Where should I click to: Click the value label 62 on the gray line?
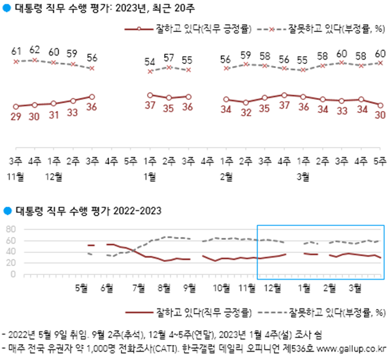tap(35, 49)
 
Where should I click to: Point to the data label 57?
tap(169, 57)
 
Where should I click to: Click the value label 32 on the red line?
tap(246, 112)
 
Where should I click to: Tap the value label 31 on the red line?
tap(54, 114)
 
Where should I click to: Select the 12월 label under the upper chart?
tap(54, 176)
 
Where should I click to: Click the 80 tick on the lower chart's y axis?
tap(10, 229)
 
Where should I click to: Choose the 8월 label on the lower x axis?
tap(163, 287)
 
